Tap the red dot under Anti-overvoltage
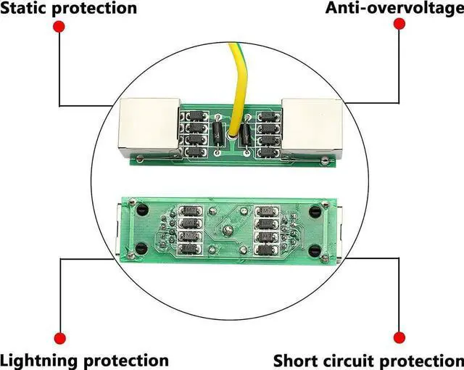tap(398, 24)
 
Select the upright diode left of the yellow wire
tap(219, 133)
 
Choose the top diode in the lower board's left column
tap(191, 211)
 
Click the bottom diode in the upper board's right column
tap(269, 153)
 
